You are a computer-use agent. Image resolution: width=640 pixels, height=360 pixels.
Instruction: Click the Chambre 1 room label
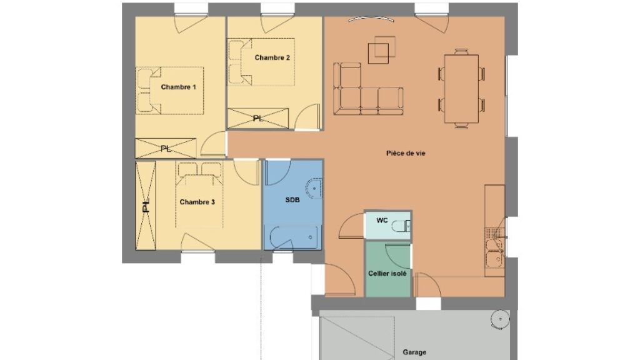tap(178, 87)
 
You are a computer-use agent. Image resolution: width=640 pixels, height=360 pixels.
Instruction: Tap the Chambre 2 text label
tap(272, 57)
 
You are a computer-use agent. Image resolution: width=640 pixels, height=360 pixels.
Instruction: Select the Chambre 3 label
tap(197, 202)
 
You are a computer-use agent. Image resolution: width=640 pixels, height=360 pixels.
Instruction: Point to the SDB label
tap(292, 199)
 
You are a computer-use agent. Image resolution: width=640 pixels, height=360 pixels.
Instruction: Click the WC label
tap(382, 221)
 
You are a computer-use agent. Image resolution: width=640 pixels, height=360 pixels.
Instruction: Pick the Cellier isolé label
tap(387, 274)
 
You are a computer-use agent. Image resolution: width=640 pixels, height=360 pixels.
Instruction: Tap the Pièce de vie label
tap(406, 153)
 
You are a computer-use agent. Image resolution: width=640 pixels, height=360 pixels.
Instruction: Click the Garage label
tap(414, 352)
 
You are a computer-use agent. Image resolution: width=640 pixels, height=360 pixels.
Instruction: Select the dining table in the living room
tap(461, 89)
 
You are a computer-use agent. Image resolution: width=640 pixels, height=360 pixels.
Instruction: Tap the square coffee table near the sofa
tap(378, 54)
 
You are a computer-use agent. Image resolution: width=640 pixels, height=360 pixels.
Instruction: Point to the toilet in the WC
tap(401, 226)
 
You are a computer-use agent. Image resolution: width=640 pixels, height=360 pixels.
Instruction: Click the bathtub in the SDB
tap(294, 237)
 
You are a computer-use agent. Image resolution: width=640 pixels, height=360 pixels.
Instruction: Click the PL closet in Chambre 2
tap(258, 118)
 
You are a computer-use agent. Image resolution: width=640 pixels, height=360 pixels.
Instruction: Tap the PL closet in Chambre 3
tap(146, 205)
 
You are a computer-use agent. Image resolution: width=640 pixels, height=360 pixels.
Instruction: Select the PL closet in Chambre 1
tap(166, 148)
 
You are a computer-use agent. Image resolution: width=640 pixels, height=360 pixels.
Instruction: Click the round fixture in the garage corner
tap(500, 319)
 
